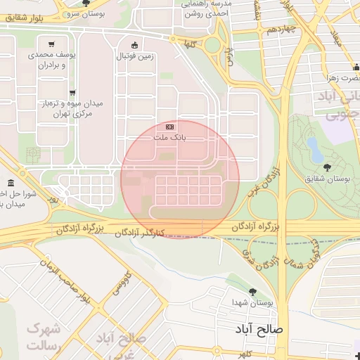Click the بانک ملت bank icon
coord(169,126)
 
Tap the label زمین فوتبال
coord(133,55)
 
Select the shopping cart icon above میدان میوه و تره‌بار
coord(72,92)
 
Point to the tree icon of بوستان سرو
coord(86,4)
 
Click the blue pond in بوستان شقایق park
coord(314,148)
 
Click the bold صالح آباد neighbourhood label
coord(260,328)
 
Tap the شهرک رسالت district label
coord(44,337)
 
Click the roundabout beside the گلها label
coord(212,46)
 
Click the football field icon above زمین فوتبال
coord(134,44)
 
